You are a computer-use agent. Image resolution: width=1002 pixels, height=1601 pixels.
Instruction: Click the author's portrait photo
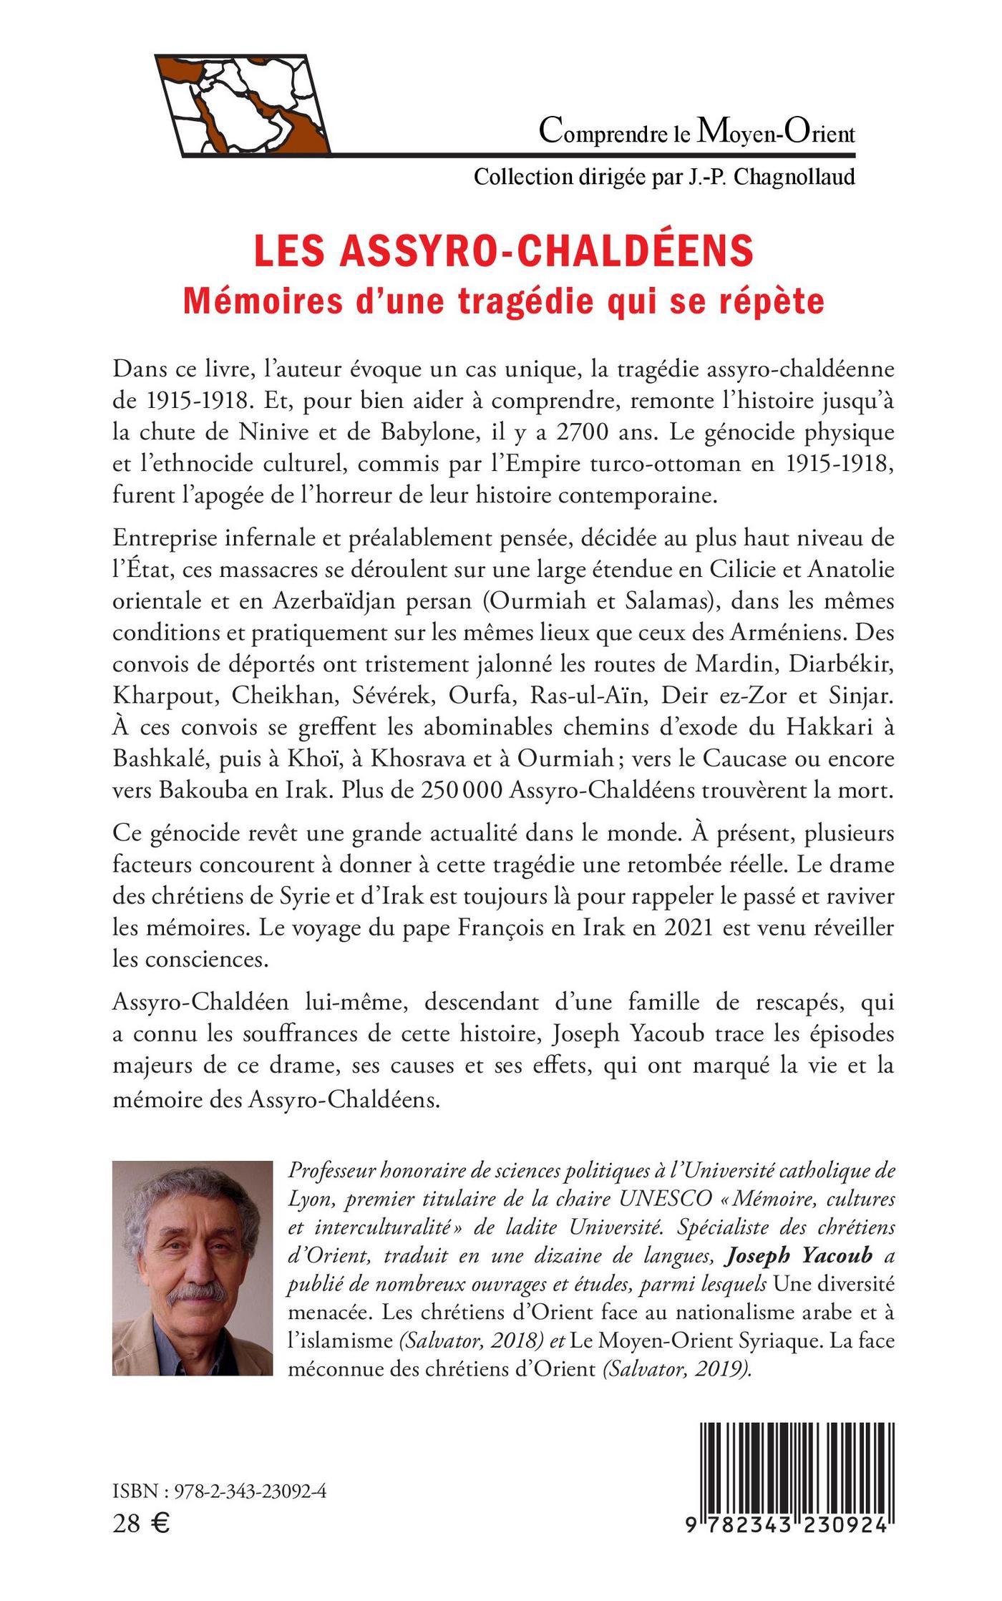[x=193, y=1264]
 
